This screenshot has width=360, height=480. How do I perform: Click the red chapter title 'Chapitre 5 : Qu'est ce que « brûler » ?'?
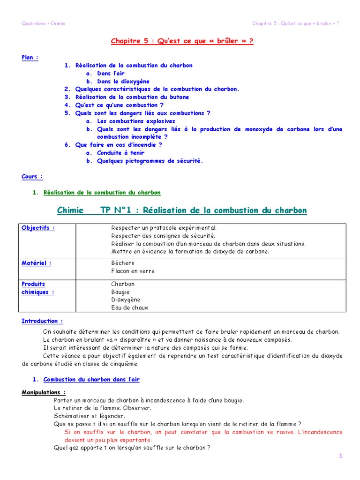click(182, 41)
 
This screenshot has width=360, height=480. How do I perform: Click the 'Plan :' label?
click(30, 57)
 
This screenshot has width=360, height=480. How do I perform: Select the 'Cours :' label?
click(32, 177)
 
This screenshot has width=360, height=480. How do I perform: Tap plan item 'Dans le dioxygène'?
click(123, 81)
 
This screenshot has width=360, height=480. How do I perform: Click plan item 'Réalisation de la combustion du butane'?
click(132, 97)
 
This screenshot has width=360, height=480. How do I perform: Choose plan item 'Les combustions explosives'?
click(136, 121)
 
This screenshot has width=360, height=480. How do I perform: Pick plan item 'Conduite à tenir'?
click(120, 153)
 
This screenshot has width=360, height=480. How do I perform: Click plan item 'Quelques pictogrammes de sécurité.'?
click(150, 161)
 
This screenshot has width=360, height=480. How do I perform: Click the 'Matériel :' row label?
click(37, 263)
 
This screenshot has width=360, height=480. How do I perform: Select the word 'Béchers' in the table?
click(123, 263)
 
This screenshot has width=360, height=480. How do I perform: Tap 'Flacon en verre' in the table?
click(133, 271)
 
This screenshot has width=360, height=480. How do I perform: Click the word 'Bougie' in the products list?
click(120, 292)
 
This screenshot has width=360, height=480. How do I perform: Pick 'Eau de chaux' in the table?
click(129, 307)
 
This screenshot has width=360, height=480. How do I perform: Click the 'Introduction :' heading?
click(42, 321)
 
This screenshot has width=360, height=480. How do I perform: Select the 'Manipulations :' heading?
click(44, 392)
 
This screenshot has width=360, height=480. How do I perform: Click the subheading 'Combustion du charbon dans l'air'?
click(91, 379)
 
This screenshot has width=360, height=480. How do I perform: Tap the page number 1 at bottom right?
click(340, 456)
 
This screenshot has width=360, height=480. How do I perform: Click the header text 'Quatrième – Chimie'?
click(44, 23)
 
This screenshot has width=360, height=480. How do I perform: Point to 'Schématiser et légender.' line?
click(90, 416)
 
